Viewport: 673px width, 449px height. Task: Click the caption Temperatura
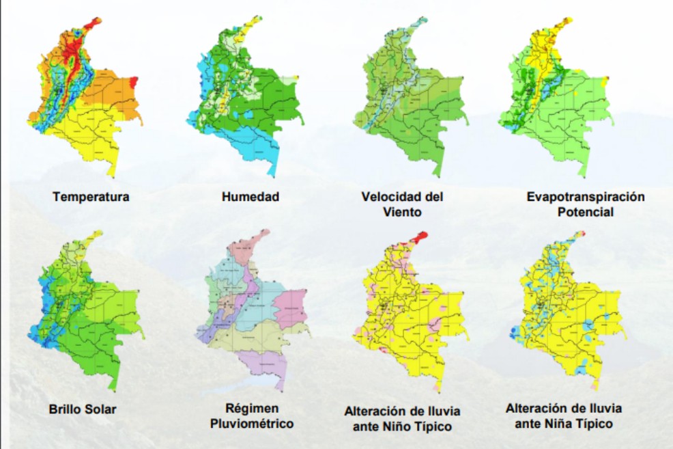(x=91, y=197)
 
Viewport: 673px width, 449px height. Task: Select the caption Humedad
(x=250, y=197)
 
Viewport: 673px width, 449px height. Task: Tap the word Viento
(x=402, y=212)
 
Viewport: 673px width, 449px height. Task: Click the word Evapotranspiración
(x=585, y=197)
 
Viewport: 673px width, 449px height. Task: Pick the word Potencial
(x=585, y=212)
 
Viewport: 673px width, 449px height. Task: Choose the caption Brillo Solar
(x=83, y=410)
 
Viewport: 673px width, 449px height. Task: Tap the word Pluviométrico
(x=251, y=424)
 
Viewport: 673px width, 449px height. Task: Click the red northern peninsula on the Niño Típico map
(x=418, y=236)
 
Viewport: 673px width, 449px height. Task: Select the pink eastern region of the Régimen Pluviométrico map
(x=291, y=306)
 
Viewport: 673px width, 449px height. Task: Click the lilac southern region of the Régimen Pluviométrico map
(x=262, y=361)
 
